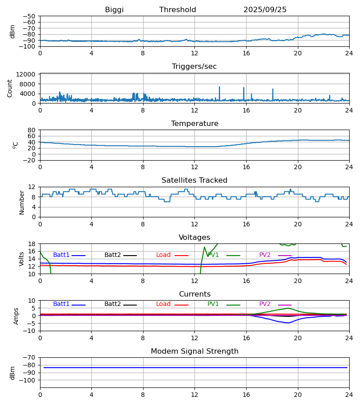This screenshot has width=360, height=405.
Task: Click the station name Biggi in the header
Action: click(x=114, y=10)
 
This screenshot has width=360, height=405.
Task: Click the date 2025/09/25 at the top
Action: click(x=265, y=10)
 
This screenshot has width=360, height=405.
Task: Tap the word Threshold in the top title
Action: click(x=177, y=10)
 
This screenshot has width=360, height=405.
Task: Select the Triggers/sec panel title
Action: click(x=194, y=67)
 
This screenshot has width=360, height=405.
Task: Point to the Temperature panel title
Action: click(x=194, y=124)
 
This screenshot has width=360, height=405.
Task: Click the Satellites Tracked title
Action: click(x=194, y=180)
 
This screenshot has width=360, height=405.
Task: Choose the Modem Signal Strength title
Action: click(x=194, y=351)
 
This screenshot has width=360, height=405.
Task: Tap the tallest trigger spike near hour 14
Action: click(x=220, y=87)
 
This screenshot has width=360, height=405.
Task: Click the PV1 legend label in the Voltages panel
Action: click(x=213, y=255)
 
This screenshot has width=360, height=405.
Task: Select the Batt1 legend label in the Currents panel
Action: click(x=61, y=304)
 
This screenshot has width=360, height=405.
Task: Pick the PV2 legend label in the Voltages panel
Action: click(x=265, y=255)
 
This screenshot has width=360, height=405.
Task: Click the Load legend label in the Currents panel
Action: click(x=163, y=304)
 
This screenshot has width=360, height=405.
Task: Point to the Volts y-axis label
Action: click(x=21, y=259)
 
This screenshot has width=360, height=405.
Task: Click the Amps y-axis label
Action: click(x=16, y=316)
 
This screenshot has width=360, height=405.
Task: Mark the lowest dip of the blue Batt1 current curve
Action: click(x=288, y=323)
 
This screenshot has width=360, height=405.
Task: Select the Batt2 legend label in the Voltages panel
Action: click(x=112, y=255)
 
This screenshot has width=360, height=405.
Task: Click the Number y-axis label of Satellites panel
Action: click(x=22, y=202)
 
